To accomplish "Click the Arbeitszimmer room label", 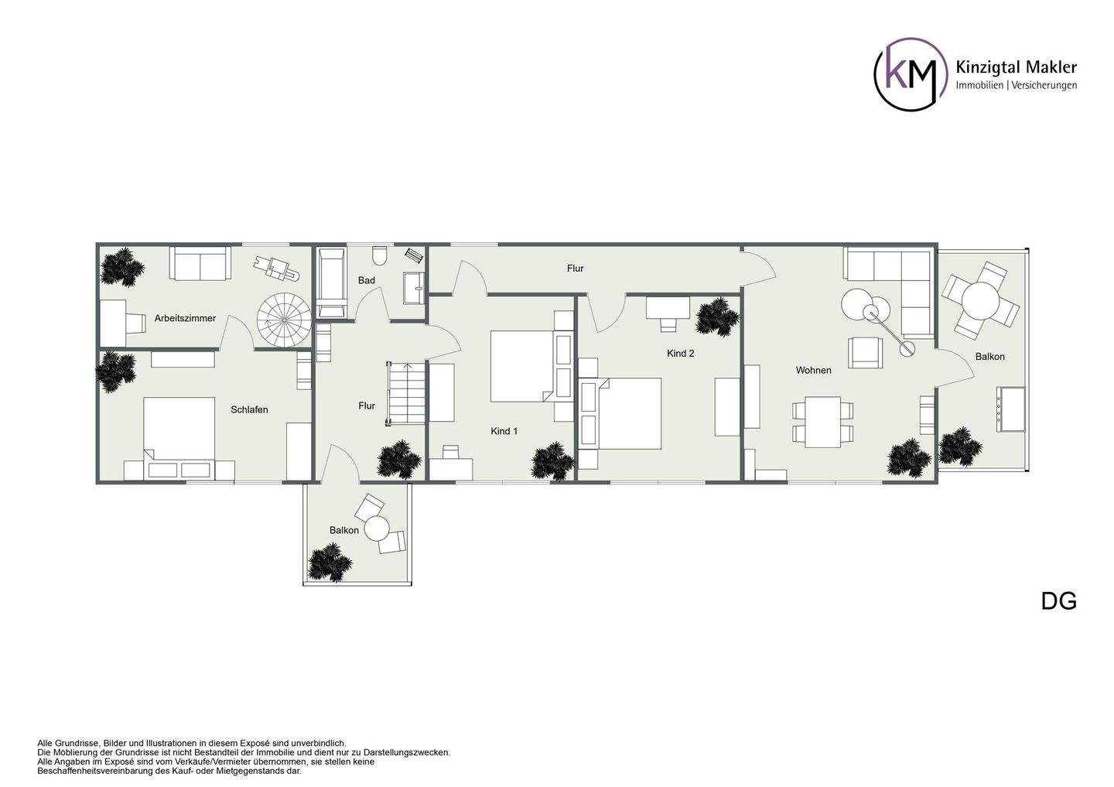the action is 185,318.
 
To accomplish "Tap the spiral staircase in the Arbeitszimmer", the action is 284,320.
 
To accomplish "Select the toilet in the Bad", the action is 380,255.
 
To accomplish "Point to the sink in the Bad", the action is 414,289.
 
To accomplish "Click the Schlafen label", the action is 249,410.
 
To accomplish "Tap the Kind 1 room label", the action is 504,431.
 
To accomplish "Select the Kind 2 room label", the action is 680,354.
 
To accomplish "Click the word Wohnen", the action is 814,371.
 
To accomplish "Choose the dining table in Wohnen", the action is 823,422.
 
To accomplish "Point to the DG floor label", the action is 1059,601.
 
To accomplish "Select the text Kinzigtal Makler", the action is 1017,67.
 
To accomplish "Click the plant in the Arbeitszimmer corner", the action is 122,267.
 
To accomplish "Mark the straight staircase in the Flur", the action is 406,393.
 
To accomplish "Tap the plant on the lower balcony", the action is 330,563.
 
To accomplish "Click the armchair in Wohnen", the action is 866,353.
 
